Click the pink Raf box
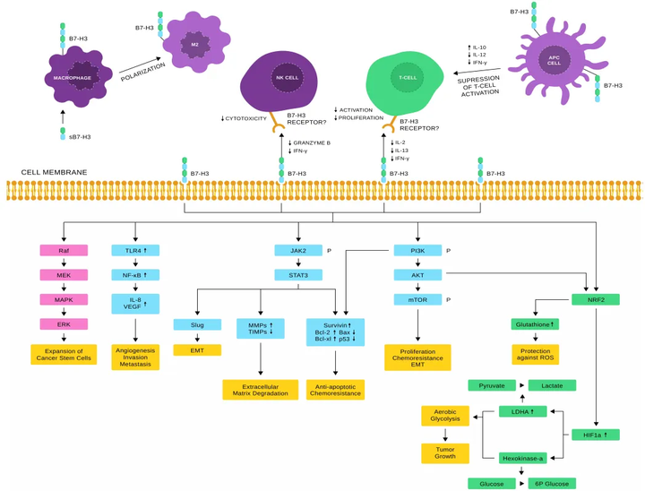[64, 251]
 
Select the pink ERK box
[64, 324]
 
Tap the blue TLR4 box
[135, 251]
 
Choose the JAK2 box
[297, 251]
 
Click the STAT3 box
[297, 275]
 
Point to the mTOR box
[417, 300]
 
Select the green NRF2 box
[595, 300]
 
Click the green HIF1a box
[595, 435]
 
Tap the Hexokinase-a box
[522, 458]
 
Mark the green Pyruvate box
[492, 385]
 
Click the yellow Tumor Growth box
[445, 452]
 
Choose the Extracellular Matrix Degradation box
[260, 390]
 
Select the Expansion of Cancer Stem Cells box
[64, 355]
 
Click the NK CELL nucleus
[287, 78]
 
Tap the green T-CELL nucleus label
[408, 78]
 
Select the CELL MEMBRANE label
[54, 172]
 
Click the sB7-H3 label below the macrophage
[80, 137]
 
